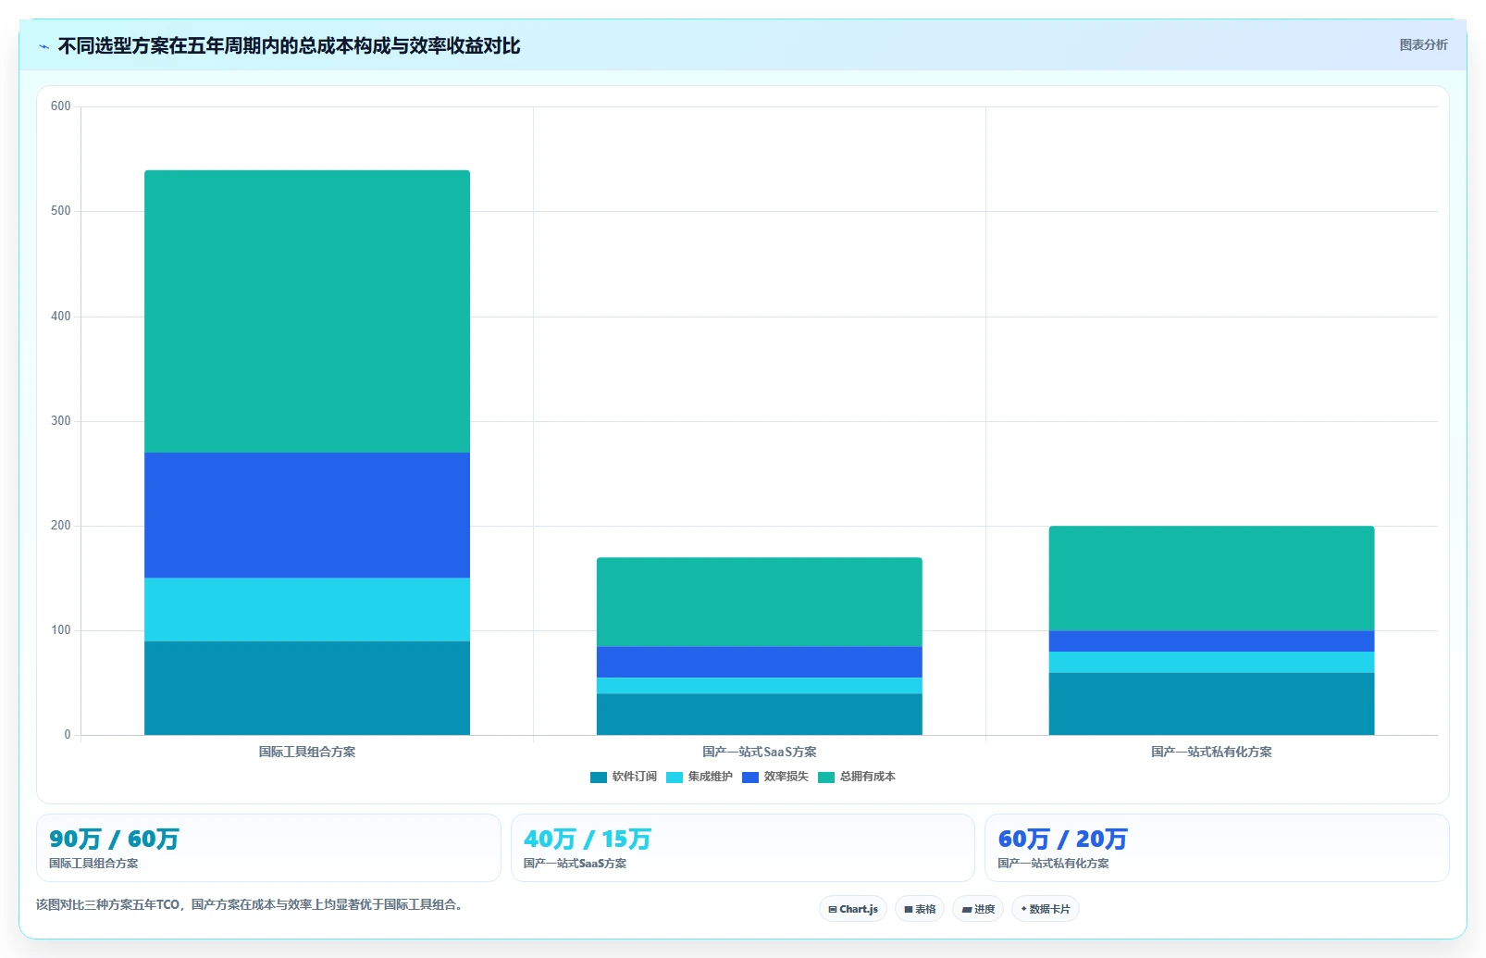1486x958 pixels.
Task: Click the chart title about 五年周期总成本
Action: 289,45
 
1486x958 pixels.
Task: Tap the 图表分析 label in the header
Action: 1423,44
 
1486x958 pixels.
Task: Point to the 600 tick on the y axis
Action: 60,106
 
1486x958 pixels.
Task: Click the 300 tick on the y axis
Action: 60,420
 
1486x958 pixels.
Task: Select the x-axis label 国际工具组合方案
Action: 306,752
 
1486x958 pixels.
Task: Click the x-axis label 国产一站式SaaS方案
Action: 759,752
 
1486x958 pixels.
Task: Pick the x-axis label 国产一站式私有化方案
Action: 1211,752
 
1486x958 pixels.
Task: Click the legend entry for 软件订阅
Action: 624,777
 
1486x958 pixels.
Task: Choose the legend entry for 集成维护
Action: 700,777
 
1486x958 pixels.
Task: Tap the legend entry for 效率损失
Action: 774,777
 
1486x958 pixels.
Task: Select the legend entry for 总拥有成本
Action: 857,777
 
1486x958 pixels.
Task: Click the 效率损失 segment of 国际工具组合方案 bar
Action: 307,516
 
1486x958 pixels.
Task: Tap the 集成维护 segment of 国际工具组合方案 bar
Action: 307,610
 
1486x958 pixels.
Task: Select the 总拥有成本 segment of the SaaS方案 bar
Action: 759,603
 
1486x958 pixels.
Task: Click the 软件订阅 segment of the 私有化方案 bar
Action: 1211,703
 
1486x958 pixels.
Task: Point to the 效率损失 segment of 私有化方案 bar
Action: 1211,641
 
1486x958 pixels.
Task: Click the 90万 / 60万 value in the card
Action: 114,840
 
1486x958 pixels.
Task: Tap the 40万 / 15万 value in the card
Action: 588,840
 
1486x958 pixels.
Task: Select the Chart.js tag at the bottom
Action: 853,909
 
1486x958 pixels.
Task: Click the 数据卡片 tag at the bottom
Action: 1045,909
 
